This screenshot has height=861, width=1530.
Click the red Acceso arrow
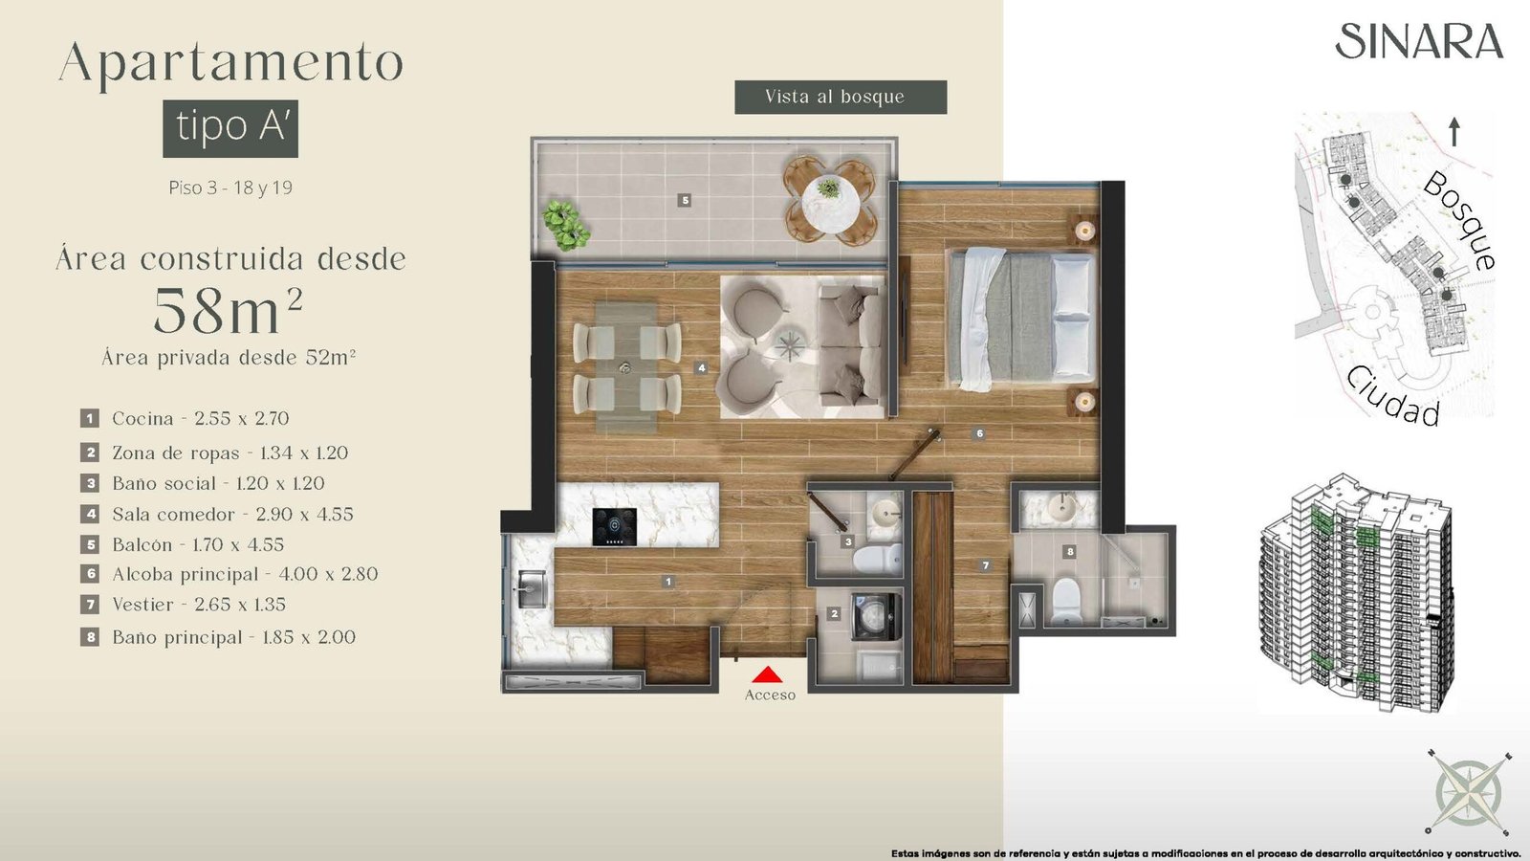tap(767, 674)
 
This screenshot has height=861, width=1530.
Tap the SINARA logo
tap(1419, 42)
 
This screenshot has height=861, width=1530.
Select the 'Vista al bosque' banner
tap(841, 97)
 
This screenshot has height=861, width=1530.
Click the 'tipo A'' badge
tap(230, 128)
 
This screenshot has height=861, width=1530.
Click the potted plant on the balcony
tap(563, 224)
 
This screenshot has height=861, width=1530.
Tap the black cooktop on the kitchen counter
tap(615, 527)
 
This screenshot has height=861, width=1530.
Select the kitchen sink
tap(532, 589)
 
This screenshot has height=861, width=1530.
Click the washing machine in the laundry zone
tap(876, 617)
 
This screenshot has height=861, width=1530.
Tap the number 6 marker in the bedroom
tap(979, 433)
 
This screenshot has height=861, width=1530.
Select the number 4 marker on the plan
tap(701, 367)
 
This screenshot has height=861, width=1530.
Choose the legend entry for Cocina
tap(186, 418)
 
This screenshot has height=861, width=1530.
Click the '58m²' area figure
tap(228, 310)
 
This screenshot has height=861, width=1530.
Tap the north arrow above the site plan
tap(1454, 132)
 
